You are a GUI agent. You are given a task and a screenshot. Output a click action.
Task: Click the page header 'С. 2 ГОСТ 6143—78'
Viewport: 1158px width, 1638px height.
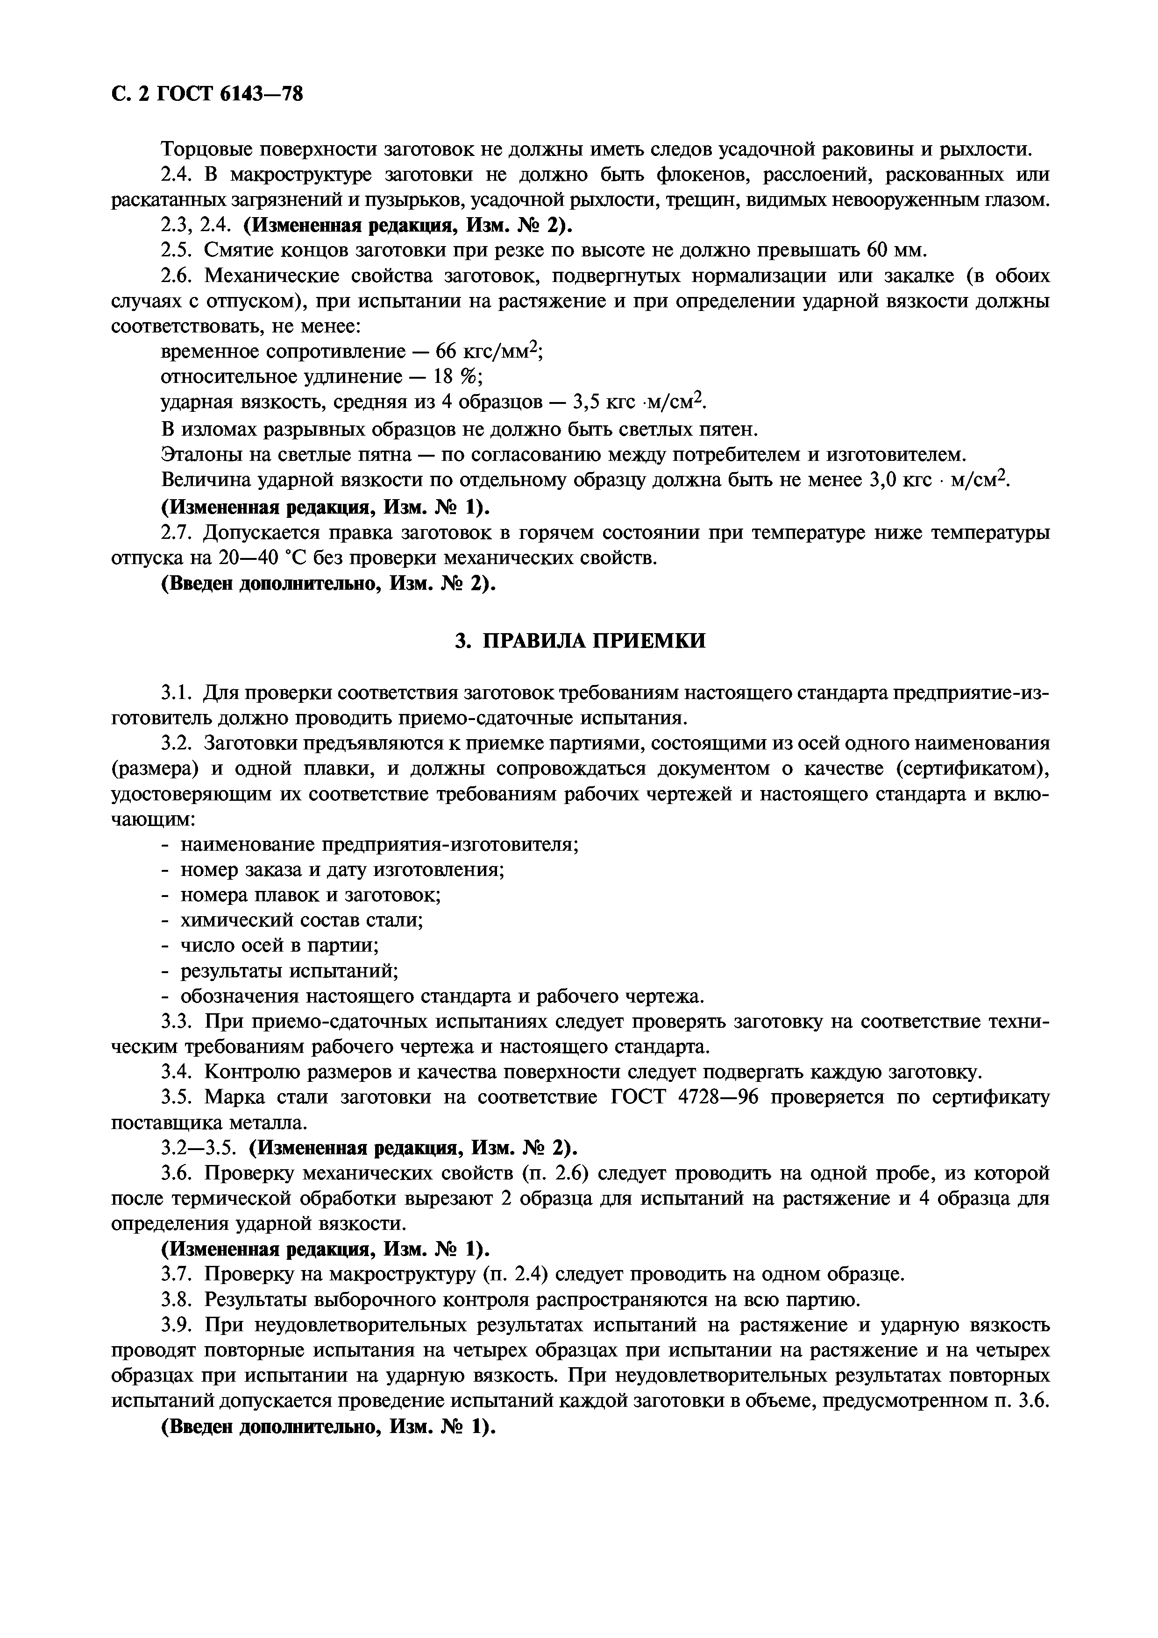pyautogui.click(x=207, y=93)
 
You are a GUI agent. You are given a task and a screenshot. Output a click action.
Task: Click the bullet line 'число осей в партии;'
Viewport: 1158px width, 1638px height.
pyautogui.click(x=279, y=945)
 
